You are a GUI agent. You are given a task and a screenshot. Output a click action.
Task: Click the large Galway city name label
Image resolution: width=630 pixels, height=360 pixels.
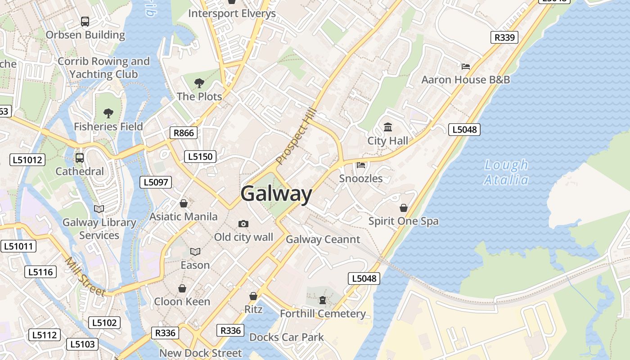(276, 194)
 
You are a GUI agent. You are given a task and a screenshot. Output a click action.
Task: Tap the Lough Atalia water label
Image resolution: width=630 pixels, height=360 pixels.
(506, 172)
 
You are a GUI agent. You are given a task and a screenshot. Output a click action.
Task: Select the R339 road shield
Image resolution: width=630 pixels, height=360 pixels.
(504, 37)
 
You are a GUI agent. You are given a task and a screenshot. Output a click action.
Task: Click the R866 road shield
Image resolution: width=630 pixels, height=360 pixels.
(184, 132)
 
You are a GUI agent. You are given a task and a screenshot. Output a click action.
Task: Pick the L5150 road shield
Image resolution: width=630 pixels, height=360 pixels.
(200, 157)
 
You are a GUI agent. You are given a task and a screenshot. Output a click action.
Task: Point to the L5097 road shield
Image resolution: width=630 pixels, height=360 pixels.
(156, 182)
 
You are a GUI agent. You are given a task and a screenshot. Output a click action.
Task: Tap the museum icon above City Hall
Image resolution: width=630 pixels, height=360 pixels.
(388, 127)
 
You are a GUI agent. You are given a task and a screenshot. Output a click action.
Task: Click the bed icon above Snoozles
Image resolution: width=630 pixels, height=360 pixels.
(361, 165)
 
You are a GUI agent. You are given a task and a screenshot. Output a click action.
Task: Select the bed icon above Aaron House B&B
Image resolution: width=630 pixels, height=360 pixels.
(466, 67)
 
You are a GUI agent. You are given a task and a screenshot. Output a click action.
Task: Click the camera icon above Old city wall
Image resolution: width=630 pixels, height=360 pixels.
(243, 224)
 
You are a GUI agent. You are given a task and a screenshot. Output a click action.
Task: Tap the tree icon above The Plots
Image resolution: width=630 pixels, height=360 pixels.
(199, 83)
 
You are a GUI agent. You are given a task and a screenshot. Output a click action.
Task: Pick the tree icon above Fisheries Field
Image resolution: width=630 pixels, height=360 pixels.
(108, 113)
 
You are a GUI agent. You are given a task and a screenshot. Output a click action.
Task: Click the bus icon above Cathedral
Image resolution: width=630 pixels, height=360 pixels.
(80, 158)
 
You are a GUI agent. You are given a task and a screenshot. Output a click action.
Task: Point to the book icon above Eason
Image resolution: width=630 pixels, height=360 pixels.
(195, 252)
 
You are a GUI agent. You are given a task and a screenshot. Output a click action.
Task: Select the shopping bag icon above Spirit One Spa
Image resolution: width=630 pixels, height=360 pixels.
(404, 208)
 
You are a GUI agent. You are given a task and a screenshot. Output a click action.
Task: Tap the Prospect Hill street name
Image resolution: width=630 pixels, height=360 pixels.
(297, 136)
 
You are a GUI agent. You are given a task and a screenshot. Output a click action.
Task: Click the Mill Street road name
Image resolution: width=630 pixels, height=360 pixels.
(85, 276)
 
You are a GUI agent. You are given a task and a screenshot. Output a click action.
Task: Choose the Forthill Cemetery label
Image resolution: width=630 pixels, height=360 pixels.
(323, 314)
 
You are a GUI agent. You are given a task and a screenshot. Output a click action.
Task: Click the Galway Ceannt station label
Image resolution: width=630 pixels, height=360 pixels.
(323, 239)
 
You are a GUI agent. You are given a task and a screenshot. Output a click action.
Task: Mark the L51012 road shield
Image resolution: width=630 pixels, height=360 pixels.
(27, 159)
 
